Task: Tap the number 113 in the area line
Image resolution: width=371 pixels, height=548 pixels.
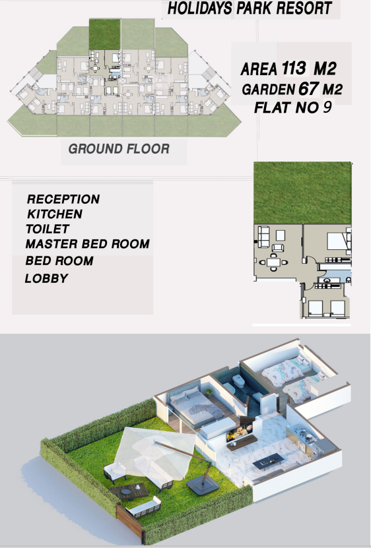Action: [294, 68]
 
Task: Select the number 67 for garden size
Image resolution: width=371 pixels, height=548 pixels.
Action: [309, 89]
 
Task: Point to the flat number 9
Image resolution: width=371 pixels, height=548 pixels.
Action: [327, 107]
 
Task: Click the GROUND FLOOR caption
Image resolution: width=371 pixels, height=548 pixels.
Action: [119, 149]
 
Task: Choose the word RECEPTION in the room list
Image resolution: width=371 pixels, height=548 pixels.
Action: [63, 199]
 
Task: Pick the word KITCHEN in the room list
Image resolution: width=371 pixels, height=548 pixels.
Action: [55, 214]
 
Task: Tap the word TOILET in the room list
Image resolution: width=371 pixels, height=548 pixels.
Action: [48, 229]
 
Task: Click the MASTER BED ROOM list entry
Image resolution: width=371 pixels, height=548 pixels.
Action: [88, 244]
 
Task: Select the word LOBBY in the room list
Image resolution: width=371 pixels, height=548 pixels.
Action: [47, 278]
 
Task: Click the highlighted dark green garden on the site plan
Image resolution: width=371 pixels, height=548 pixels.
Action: [105, 34]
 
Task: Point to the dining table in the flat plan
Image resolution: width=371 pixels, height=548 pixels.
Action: [273, 262]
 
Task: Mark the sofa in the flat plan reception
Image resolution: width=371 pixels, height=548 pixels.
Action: [263, 237]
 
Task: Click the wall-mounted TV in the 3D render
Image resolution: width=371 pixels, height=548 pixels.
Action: [240, 433]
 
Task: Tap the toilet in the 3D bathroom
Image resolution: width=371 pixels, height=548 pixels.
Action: [239, 381]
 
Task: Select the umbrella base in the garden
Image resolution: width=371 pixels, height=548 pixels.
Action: [203, 486]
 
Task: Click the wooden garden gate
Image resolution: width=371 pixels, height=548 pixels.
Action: [129, 522]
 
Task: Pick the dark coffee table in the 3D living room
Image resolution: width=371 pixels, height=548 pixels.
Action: [268, 462]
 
